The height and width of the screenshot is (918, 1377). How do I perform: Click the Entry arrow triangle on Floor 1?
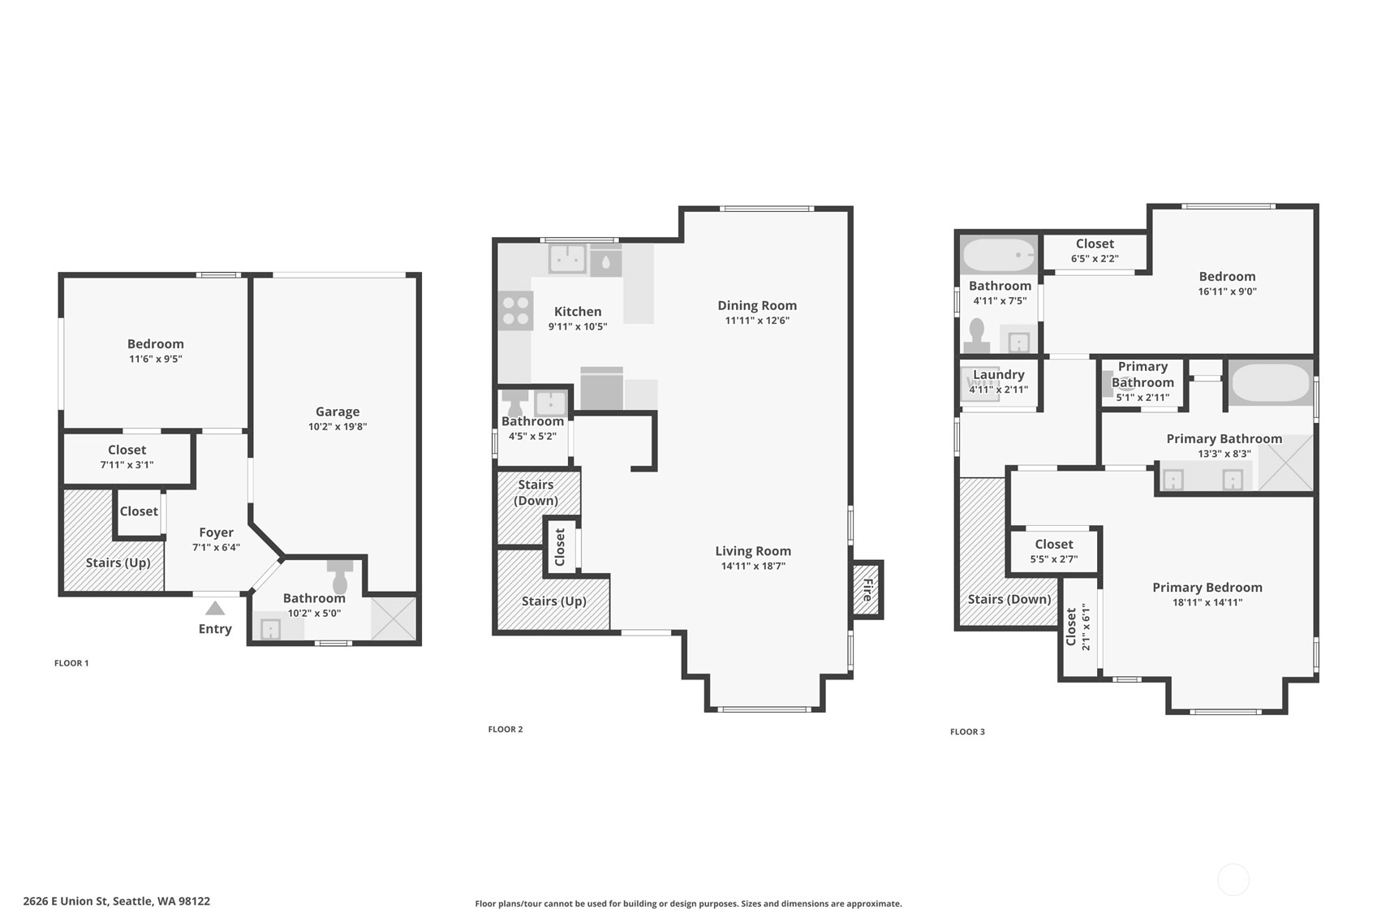(x=215, y=608)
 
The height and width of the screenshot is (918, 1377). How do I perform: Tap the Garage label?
(x=338, y=412)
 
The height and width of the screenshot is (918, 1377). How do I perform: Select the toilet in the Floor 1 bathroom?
(x=340, y=575)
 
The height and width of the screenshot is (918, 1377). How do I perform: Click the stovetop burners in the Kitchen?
(x=516, y=311)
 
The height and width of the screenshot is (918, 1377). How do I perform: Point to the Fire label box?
(x=867, y=589)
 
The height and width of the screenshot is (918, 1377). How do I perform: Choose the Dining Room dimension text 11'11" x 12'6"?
(x=757, y=321)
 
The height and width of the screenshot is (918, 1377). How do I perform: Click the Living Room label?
(x=753, y=551)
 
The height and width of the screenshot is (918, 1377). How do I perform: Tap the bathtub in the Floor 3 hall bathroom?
(x=999, y=255)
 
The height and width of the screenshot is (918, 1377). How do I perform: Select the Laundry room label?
(x=999, y=374)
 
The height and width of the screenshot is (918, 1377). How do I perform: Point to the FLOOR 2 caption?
(x=506, y=729)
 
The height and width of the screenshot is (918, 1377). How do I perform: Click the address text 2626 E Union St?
(x=67, y=901)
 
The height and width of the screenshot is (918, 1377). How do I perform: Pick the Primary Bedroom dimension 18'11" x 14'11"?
(x=1207, y=602)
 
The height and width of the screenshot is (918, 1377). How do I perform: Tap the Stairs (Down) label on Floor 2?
(x=536, y=493)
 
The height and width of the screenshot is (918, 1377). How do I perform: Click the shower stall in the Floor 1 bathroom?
(x=394, y=618)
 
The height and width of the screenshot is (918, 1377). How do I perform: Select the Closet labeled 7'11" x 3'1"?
(x=127, y=457)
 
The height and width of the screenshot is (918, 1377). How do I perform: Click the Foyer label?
(x=217, y=532)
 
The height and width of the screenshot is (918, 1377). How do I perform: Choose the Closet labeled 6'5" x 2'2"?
(x=1095, y=251)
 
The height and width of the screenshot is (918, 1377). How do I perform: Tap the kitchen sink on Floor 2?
(x=567, y=259)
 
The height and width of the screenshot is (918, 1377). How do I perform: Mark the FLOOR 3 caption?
(x=967, y=731)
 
